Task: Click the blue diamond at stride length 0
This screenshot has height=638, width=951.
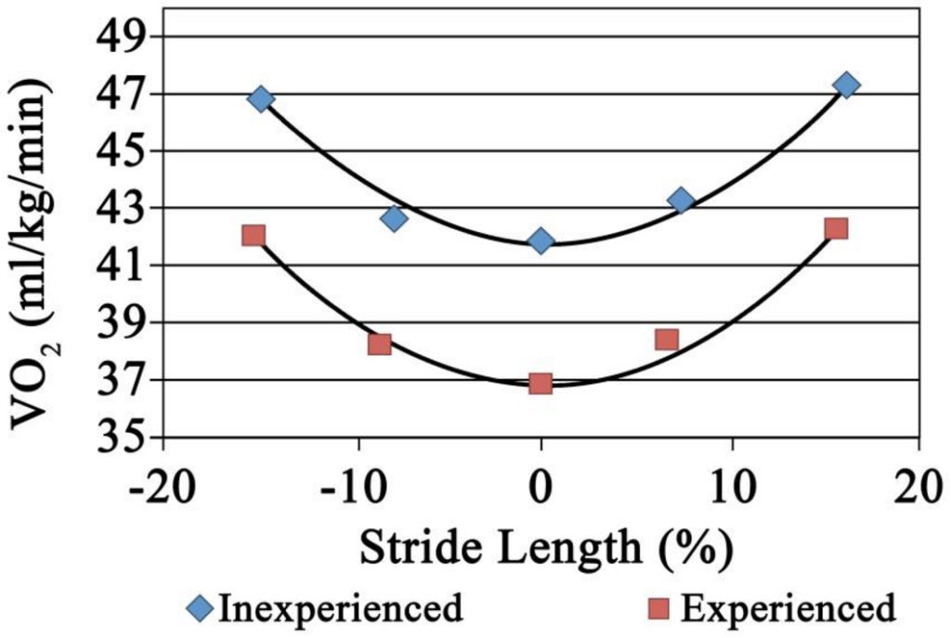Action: pyautogui.click(x=541, y=241)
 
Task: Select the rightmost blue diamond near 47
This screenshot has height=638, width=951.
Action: pyautogui.click(x=846, y=85)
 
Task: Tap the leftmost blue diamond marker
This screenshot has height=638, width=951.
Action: pyautogui.click(x=261, y=99)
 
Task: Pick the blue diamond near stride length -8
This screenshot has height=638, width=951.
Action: pyautogui.click(x=394, y=218)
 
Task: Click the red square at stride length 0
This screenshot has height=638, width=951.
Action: pyautogui.click(x=541, y=384)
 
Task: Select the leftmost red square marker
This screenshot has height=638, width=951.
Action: pyautogui.click(x=254, y=235)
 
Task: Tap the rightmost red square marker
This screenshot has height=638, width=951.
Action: pyautogui.click(x=836, y=228)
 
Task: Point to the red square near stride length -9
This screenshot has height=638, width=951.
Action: pyautogui.click(x=379, y=345)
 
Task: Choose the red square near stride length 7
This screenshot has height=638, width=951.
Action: pyautogui.click(x=666, y=339)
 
